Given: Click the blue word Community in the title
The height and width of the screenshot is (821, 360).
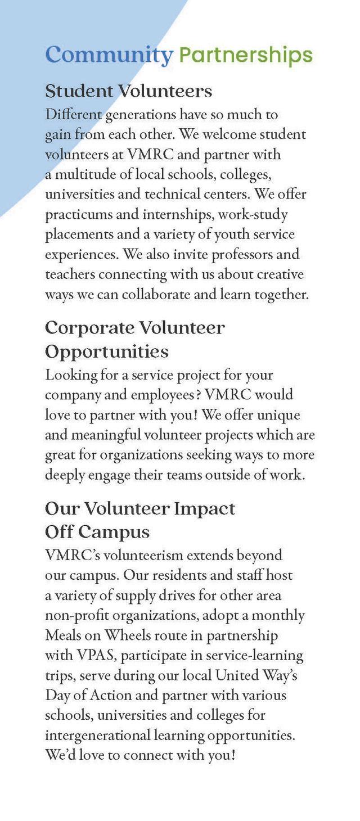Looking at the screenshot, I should pos(109,55).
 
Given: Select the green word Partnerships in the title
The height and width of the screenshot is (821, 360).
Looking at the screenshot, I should pos(245,55).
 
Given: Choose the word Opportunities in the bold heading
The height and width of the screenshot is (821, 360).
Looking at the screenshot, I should pos(107,351).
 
